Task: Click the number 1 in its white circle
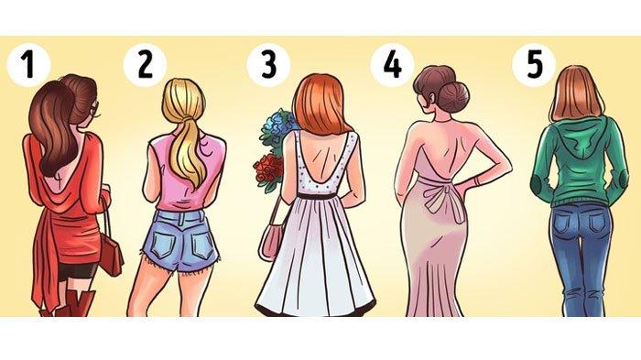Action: (28, 65)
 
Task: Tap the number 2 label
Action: (145, 65)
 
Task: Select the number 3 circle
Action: (268, 65)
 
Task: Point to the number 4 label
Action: (392, 65)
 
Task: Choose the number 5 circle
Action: (534, 65)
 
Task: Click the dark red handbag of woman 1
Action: (111, 253)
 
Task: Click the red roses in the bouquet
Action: (267, 169)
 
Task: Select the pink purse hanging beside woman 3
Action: (270, 241)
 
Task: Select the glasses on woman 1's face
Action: (95, 108)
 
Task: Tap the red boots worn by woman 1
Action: (73, 303)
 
